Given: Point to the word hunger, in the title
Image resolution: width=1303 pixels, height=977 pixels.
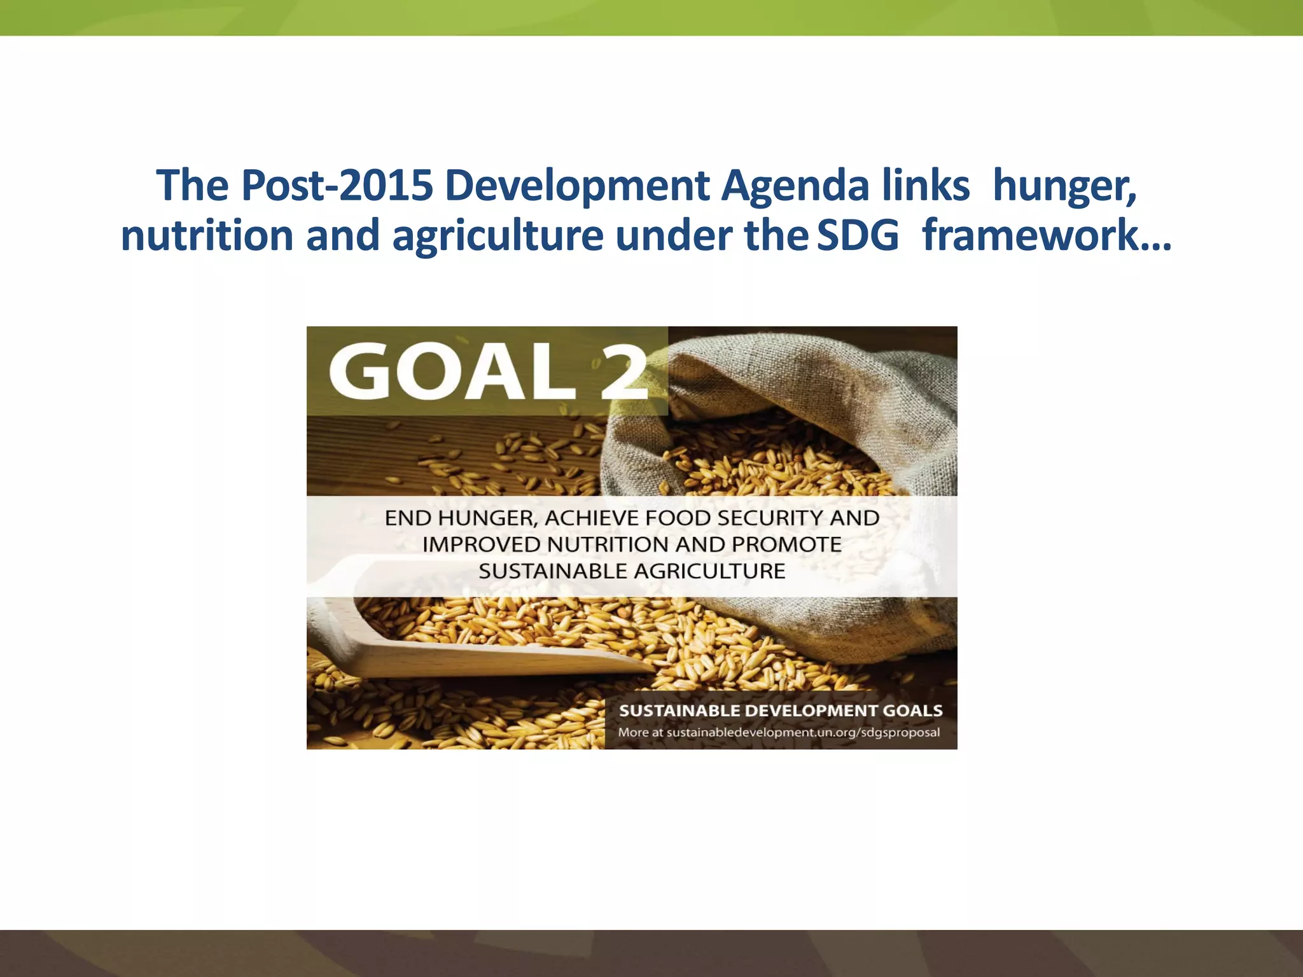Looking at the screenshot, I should click(x=1064, y=186).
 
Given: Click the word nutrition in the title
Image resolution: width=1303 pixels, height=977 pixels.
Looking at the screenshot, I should click(x=207, y=235).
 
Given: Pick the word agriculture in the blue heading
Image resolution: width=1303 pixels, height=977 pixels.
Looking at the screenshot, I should click(x=498, y=235).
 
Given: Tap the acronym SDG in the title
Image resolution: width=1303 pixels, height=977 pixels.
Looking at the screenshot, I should click(x=858, y=235).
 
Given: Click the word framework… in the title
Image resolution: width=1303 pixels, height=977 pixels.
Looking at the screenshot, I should click(x=1047, y=235).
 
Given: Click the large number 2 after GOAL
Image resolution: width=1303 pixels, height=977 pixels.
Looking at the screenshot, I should click(x=624, y=371).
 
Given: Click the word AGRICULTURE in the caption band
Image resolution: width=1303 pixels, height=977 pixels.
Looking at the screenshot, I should click(x=709, y=572).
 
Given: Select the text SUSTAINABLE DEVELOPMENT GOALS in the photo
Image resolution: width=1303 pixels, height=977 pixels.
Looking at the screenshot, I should click(x=781, y=710).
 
